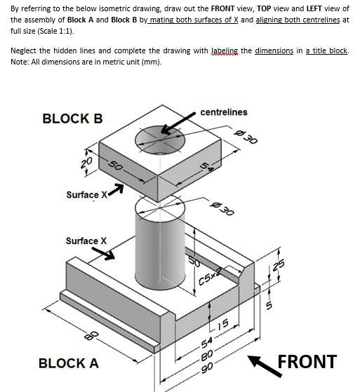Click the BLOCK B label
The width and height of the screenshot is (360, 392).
72,118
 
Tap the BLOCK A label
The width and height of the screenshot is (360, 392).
68,363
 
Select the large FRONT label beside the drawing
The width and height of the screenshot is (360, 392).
307,361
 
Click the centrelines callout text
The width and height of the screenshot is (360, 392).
223,112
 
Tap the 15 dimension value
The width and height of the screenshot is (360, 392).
222,323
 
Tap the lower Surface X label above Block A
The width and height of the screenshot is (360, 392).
86,241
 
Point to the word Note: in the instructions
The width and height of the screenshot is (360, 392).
22,62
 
